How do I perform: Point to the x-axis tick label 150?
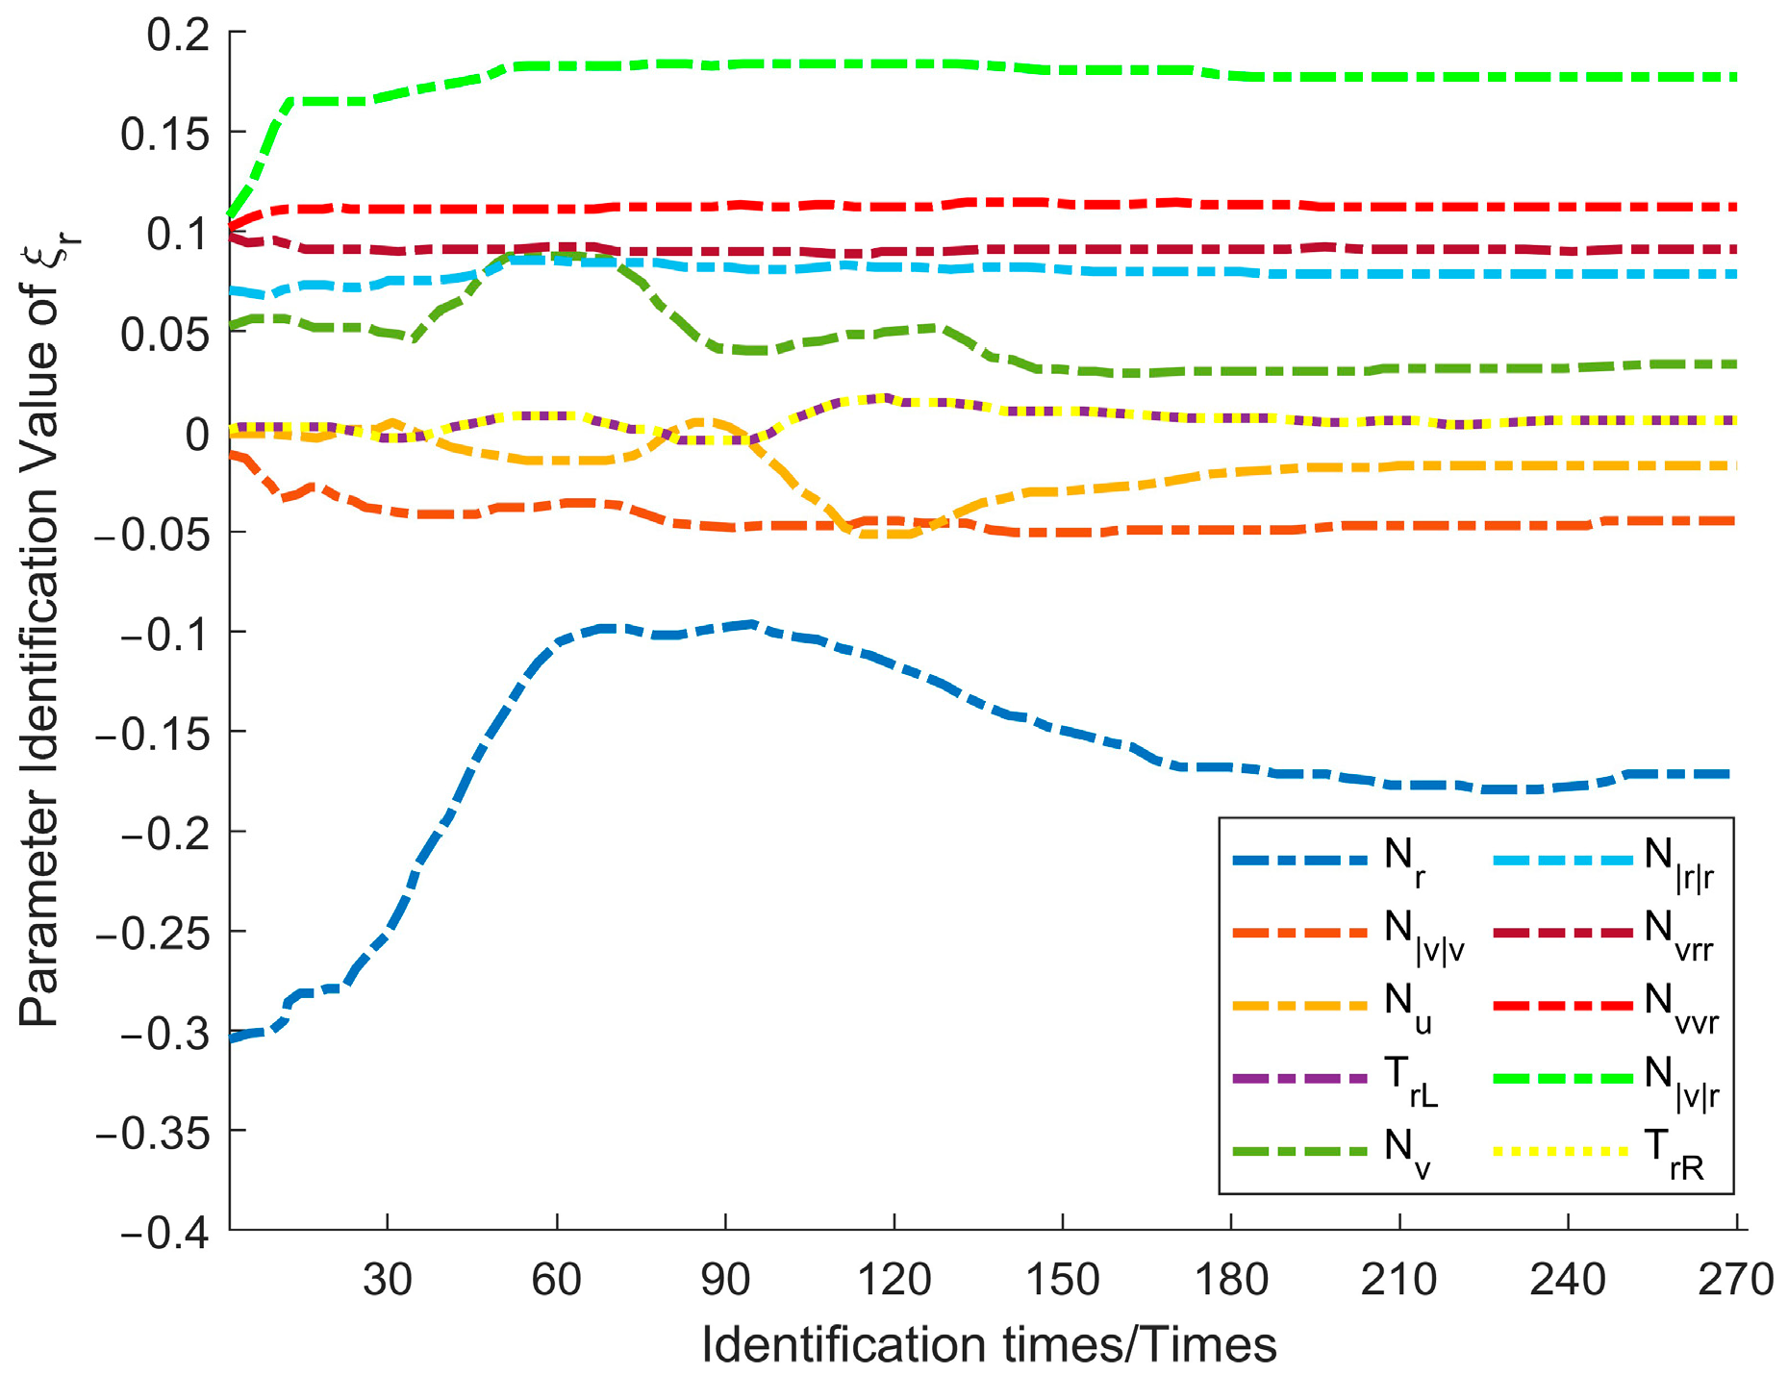click(1062, 1280)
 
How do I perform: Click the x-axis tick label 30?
click(387, 1280)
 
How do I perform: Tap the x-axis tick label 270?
click(1735, 1280)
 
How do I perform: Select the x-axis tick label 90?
click(724, 1280)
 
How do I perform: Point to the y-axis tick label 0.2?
click(178, 35)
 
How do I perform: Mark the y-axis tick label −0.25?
click(153, 932)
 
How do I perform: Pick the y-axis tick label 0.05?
click(164, 335)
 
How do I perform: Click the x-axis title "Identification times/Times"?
click(989, 1344)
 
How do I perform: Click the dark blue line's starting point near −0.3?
click(232, 1038)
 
